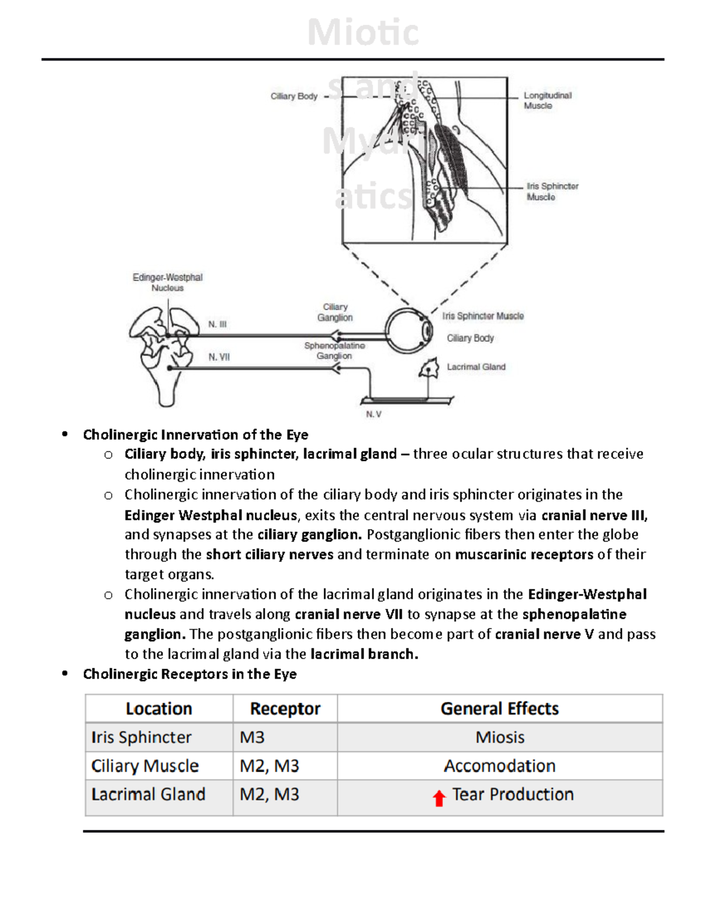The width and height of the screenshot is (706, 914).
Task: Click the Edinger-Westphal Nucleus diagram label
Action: click(x=168, y=282)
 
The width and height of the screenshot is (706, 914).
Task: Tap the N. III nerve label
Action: click(x=217, y=324)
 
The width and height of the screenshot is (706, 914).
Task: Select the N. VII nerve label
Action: click(x=219, y=357)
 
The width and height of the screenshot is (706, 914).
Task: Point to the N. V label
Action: click(x=374, y=414)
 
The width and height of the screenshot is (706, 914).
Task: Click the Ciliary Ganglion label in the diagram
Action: click(x=335, y=313)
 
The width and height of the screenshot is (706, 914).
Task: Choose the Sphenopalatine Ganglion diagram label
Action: click(x=334, y=351)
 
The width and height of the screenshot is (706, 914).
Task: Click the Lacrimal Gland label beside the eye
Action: click(x=476, y=367)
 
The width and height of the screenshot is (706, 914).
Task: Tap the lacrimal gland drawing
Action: click(x=429, y=369)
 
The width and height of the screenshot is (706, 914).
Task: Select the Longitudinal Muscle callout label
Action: click(x=547, y=101)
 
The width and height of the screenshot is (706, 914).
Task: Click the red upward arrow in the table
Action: click(x=439, y=798)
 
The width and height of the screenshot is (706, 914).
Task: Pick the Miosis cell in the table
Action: click(x=499, y=737)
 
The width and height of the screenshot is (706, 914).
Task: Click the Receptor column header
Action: click(x=285, y=709)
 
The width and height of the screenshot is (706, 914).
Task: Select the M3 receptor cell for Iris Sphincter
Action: click(x=252, y=737)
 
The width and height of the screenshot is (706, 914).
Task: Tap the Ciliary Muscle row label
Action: click(x=145, y=766)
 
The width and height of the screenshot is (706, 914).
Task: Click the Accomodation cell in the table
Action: click(x=499, y=766)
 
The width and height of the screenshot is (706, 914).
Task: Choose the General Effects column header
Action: click(x=499, y=709)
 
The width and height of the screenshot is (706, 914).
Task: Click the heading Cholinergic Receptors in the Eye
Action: click(x=189, y=674)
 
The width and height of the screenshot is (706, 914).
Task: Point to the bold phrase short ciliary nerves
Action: click(x=269, y=554)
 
